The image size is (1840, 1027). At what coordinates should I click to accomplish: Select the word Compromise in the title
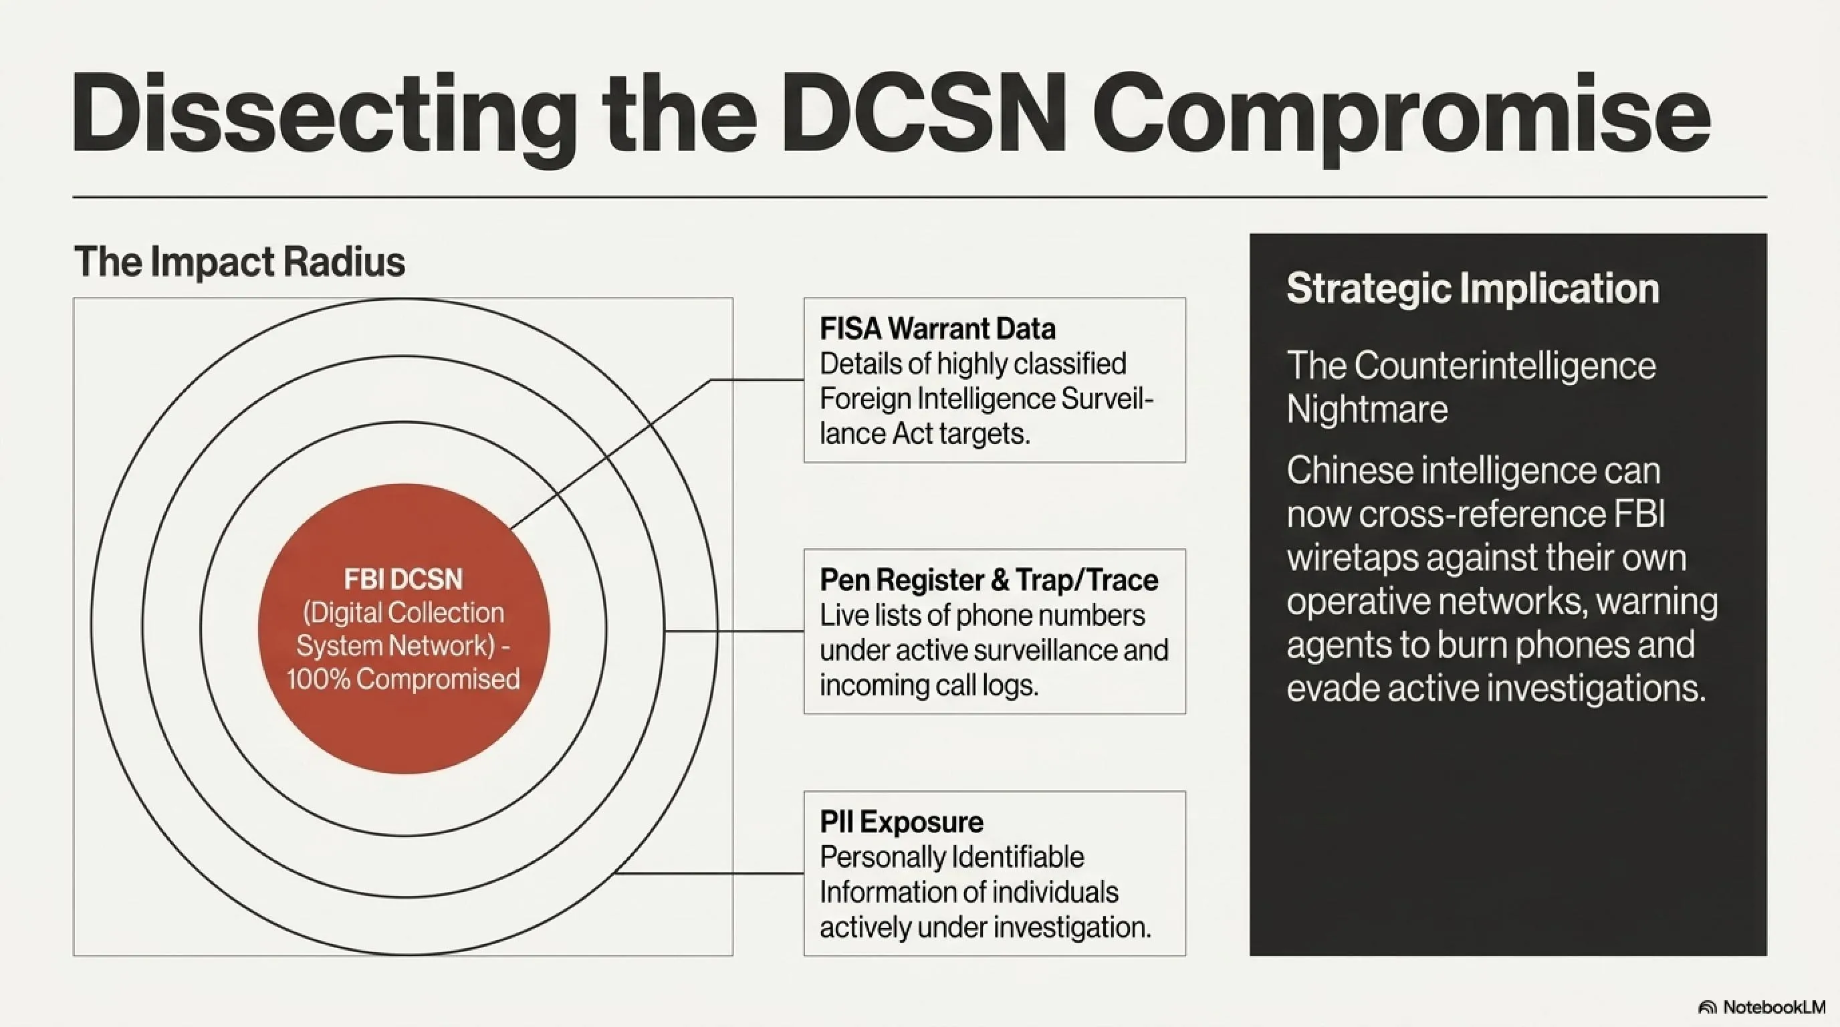pos(1401,118)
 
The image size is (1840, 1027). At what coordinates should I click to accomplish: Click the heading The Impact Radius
pos(240,261)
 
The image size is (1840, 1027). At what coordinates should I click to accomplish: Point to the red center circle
pos(404,629)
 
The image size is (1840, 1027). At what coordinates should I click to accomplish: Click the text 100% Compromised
pos(404,679)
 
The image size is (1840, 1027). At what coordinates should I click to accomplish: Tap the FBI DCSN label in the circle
pos(404,579)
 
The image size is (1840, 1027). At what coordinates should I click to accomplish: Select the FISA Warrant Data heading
pos(938,328)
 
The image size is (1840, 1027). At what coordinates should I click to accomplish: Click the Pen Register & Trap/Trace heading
pos(990,580)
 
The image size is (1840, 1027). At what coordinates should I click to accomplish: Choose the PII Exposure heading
pos(901,822)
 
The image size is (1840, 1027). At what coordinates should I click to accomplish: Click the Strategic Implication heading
pos(1473,289)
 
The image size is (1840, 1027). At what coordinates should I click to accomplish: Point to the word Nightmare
pos(1367,410)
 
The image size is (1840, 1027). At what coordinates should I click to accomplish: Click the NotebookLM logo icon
pos(1707,1008)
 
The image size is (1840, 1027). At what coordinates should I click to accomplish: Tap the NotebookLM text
pos(1774,1007)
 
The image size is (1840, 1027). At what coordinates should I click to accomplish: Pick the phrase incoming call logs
pos(929,685)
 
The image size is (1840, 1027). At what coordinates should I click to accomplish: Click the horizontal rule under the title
pos(920,197)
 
